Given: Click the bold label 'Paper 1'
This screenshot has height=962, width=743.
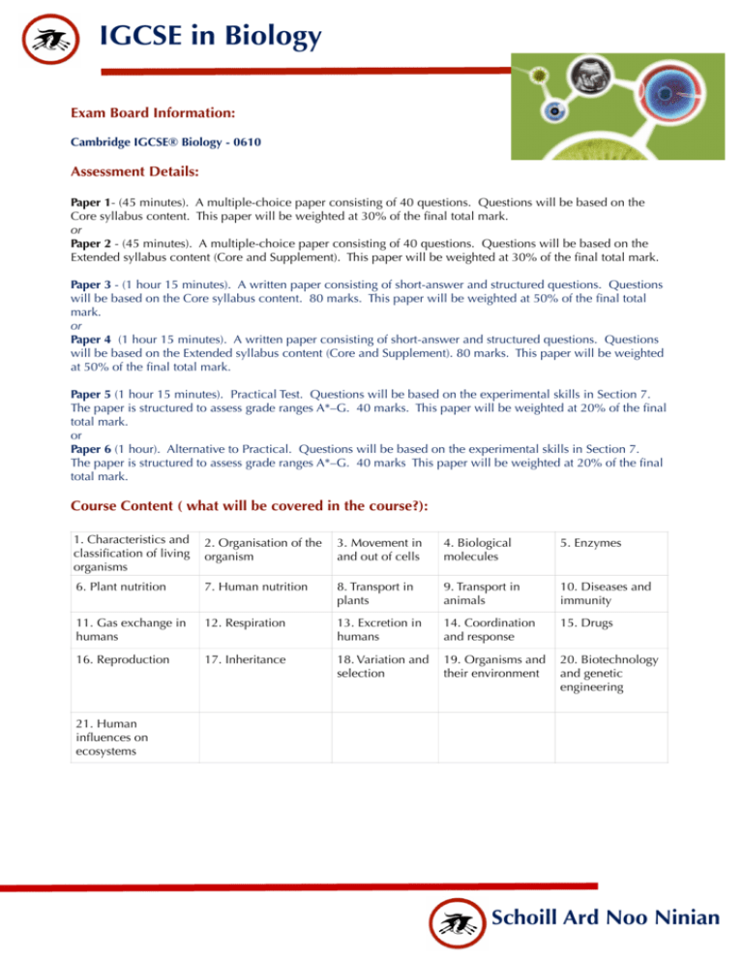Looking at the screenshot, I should coord(94,207).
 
